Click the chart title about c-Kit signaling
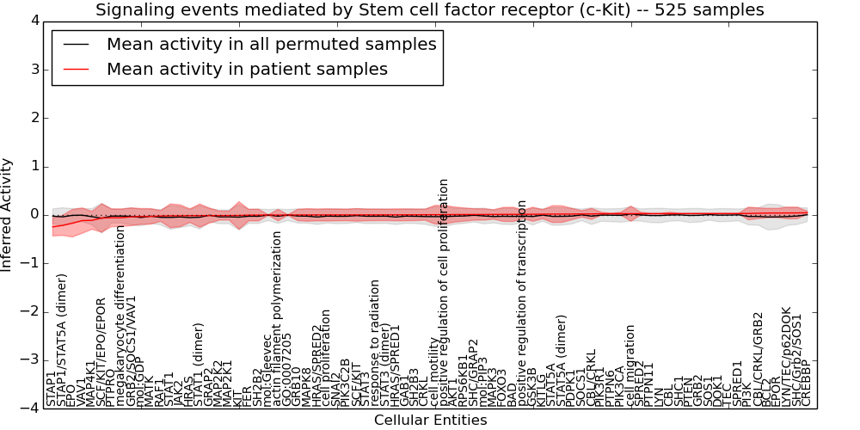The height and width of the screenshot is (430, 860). [x=429, y=10]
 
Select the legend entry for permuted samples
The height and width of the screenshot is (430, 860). [x=271, y=45]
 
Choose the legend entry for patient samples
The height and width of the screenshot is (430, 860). [x=247, y=69]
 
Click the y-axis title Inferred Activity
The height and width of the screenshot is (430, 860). [x=8, y=214]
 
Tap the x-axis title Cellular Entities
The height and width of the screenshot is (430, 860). [x=430, y=421]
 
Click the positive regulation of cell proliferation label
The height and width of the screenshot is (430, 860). [x=444, y=292]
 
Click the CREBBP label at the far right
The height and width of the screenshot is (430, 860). [x=806, y=384]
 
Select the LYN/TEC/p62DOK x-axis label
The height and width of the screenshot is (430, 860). [x=786, y=356]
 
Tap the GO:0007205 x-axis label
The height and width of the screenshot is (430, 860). [x=287, y=369]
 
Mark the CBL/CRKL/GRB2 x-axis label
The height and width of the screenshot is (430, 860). [x=758, y=358]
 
